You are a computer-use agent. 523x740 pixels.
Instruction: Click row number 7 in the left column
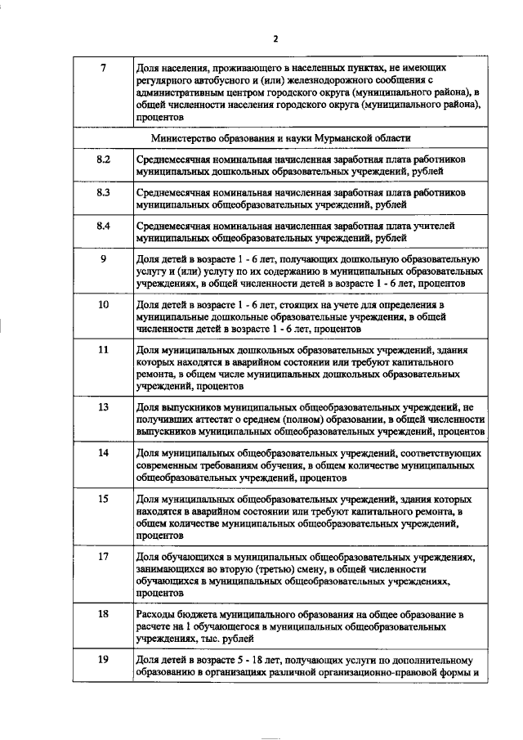point(103,66)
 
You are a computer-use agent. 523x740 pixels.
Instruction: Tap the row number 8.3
point(103,192)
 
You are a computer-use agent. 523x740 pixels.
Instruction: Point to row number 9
point(103,260)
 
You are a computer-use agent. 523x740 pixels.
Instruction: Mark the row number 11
point(103,350)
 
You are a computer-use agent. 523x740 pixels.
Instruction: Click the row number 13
point(103,406)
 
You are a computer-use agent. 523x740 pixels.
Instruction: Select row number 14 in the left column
point(103,452)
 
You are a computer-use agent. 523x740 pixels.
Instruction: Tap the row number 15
point(103,498)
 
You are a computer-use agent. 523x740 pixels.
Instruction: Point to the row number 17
point(103,556)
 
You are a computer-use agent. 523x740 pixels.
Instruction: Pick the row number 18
point(103,612)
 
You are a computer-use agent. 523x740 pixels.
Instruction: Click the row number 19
point(103,658)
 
